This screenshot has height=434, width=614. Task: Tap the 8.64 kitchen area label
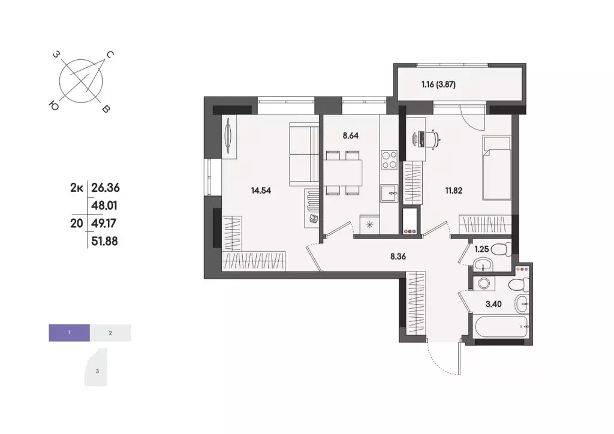[x=351, y=135]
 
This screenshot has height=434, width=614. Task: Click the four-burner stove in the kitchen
[x=390, y=160]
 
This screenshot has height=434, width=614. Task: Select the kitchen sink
[x=390, y=192]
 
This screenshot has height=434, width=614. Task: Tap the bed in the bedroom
[x=496, y=165]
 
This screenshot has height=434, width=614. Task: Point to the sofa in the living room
[x=303, y=155]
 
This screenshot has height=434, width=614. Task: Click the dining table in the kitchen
[x=344, y=173]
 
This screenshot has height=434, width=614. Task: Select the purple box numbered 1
[x=70, y=331]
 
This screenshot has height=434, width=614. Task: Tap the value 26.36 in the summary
[x=104, y=188]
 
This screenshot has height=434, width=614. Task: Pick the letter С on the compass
[x=110, y=55]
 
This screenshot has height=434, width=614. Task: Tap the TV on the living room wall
[x=228, y=137]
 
